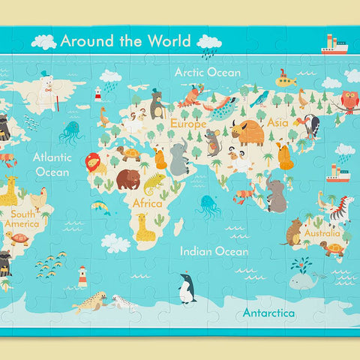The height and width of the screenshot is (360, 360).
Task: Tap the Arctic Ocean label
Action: pyautogui.click(x=208, y=73)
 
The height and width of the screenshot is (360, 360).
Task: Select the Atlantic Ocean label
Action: pyautogui.click(x=52, y=164)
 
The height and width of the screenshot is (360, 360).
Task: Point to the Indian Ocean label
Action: pyautogui.click(x=211, y=251)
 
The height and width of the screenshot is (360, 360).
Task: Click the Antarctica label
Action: pyautogui.click(x=268, y=312)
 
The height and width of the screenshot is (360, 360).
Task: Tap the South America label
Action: pyautogui.click(x=22, y=219)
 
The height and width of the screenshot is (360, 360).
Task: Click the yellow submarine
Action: pyautogui.click(x=286, y=79)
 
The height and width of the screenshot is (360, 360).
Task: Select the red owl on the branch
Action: pyautogui.click(x=349, y=100)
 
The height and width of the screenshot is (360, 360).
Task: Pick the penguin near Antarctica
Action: pyautogui.click(x=186, y=289)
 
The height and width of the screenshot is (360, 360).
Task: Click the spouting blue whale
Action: pyautogui.click(x=302, y=279)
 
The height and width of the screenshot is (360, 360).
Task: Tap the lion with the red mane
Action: pyautogui.click(x=93, y=162)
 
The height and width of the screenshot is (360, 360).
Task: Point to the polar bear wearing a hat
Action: pyautogui.click(x=47, y=88)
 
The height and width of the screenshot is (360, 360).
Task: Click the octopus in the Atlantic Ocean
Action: pyautogui.click(x=70, y=132)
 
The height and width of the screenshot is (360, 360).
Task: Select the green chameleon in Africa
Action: pyautogui.click(x=154, y=181)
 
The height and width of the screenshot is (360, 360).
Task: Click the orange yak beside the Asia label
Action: pyautogui.click(x=248, y=133)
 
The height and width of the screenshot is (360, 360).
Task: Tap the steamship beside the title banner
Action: pyautogui.click(x=334, y=46)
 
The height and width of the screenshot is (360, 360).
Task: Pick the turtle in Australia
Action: pyautogui.click(x=332, y=248)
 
